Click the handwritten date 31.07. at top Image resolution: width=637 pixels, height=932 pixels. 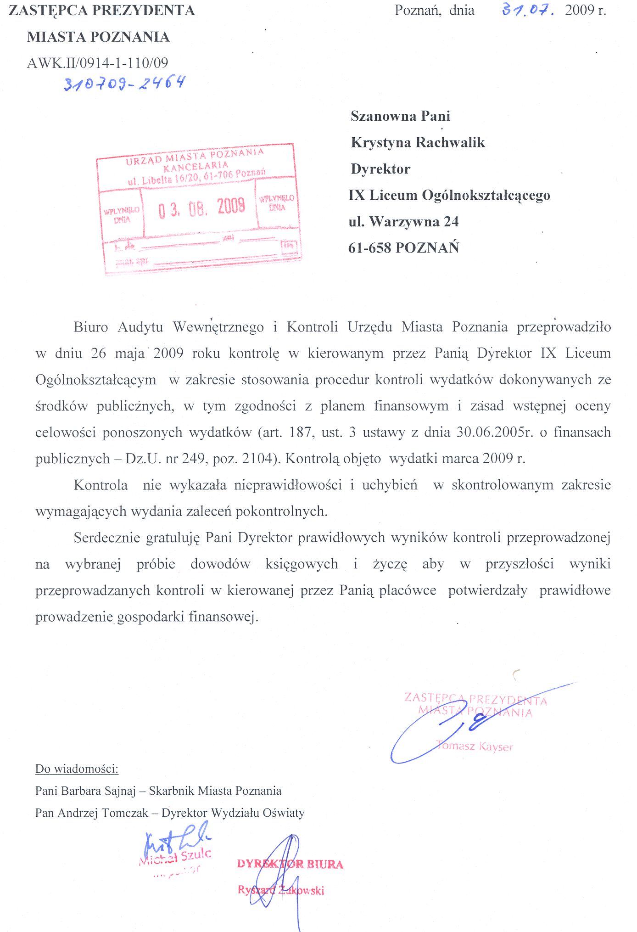pyautogui.click(x=528, y=10)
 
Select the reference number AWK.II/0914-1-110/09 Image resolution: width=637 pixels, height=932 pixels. pyautogui.click(x=98, y=63)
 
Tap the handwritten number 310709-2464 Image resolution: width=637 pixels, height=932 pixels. pyautogui.click(x=124, y=83)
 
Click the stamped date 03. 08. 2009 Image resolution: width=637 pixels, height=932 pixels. pyautogui.click(x=201, y=208)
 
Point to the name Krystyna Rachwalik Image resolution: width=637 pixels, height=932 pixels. pyautogui.click(x=418, y=142)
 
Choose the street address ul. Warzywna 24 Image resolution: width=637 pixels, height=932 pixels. pyautogui.click(x=403, y=222)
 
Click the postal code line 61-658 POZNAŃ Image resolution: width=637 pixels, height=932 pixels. pyautogui.click(x=403, y=248)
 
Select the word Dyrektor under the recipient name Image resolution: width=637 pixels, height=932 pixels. pyautogui.click(x=380, y=169)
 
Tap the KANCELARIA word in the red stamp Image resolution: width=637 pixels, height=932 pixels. pyautogui.click(x=196, y=166)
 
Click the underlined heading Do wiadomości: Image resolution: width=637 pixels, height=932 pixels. pyautogui.click(x=77, y=769)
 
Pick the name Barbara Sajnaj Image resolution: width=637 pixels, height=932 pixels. pyautogui.click(x=98, y=791)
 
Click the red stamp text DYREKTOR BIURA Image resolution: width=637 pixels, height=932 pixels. pyautogui.click(x=290, y=864)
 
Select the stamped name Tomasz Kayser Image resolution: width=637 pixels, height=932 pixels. pyautogui.click(x=475, y=746)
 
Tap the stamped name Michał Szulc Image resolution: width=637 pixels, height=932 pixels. pyautogui.click(x=175, y=857)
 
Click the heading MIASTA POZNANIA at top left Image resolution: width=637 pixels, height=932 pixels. pyautogui.click(x=98, y=37)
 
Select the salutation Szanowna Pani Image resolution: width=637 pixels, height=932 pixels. pyautogui.click(x=400, y=116)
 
